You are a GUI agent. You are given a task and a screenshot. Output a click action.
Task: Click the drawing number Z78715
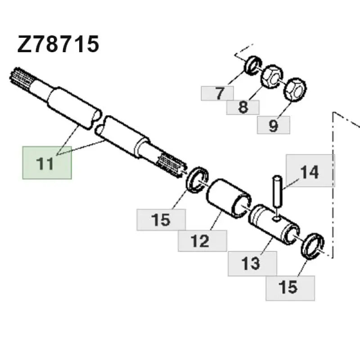pyautogui.click(x=58, y=44)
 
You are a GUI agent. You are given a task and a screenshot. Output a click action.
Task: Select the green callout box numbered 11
pyautogui.click(x=47, y=162)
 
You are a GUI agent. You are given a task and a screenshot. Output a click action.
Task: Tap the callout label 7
pyautogui.click(x=217, y=93)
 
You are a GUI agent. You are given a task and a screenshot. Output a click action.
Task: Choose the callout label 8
pyautogui.click(x=243, y=107)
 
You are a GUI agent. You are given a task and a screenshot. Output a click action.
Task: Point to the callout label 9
pyautogui.click(x=274, y=125)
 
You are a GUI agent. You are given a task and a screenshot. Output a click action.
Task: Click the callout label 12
pyautogui.click(x=202, y=241)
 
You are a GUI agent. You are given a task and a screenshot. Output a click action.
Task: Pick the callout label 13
pyautogui.click(x=252, y=263)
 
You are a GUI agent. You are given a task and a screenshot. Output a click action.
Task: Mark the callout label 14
pyautogui.click(x=310, y=171)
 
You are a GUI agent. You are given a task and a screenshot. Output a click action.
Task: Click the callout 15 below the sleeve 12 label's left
pyautogui.click(x=161, y=220)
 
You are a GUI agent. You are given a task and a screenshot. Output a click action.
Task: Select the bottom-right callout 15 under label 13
pyautogui.click(x=290, y=288)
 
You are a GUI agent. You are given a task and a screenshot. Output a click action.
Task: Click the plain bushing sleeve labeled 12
pyautogui.click(x=229, y=198)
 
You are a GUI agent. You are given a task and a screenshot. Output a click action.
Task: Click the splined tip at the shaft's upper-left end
pyautogui.click(x=22, y=78)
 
